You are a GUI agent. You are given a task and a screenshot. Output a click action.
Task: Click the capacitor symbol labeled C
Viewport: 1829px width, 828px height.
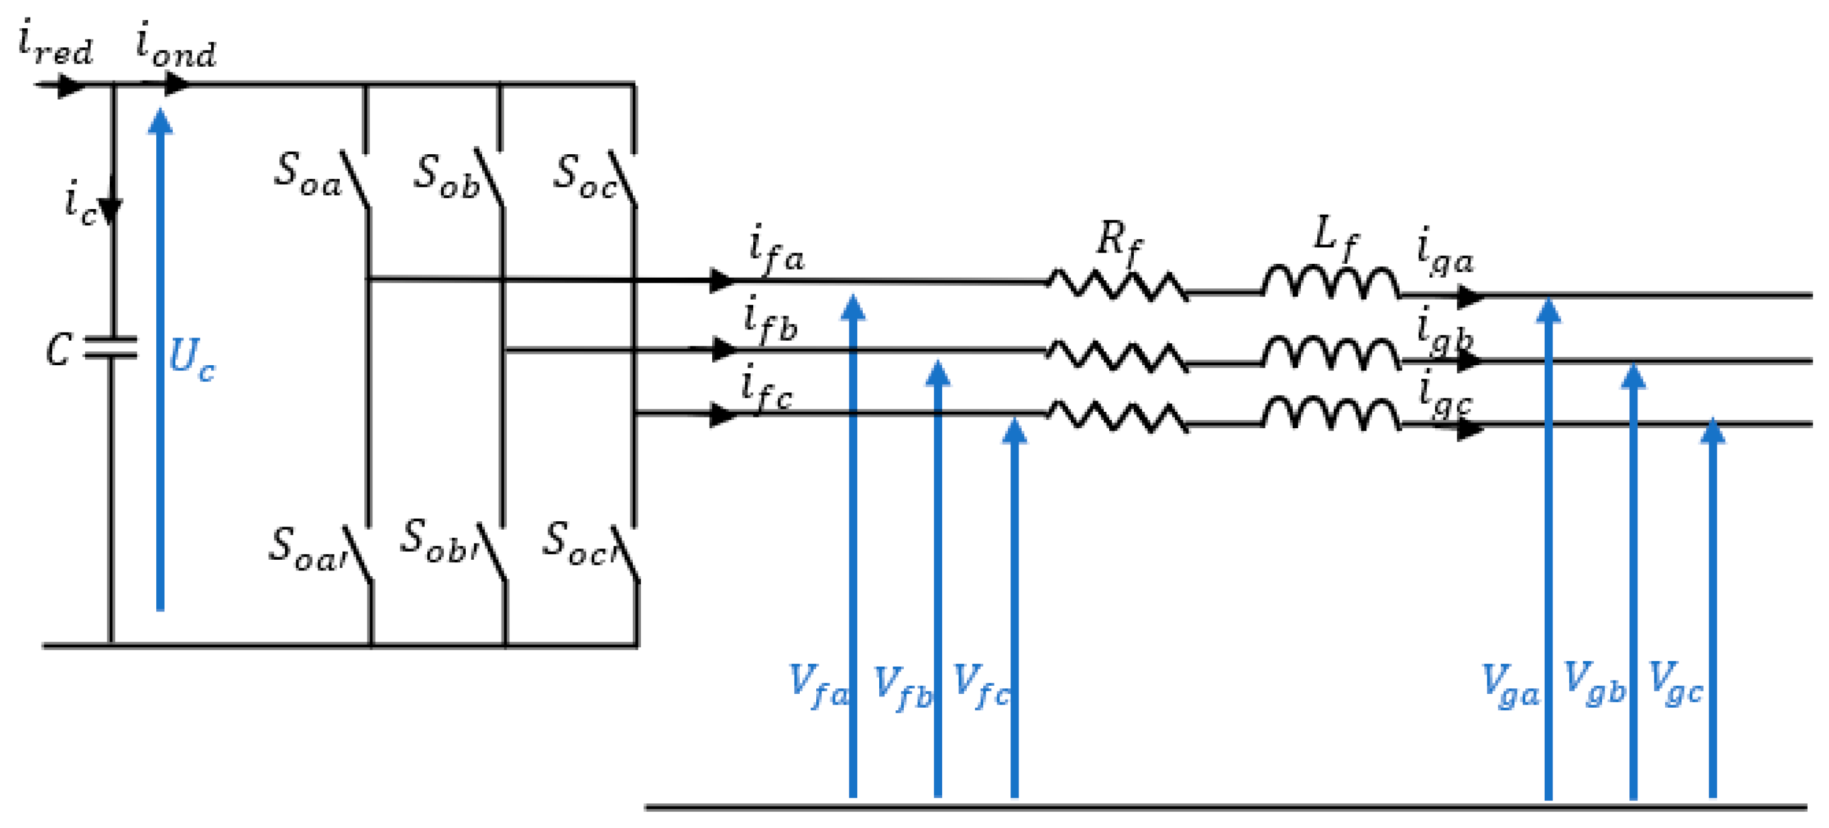click(111, 348)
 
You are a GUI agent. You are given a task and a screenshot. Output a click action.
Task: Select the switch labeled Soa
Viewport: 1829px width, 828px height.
click(355, 180)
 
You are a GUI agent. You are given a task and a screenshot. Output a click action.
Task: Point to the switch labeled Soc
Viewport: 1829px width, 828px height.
click(623, 180)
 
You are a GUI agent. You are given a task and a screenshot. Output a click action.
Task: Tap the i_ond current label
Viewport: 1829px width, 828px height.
click(175, 47)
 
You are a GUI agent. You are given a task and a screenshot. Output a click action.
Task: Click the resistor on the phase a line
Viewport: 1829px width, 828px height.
click(1117, 285)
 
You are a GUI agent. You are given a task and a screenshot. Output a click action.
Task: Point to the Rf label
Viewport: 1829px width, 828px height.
click(1118, 241)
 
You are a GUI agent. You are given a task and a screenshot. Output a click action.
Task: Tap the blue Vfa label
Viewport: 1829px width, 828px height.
click(819, 686)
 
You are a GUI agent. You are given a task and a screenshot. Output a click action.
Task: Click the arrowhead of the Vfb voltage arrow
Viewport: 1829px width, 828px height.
click(937, 373)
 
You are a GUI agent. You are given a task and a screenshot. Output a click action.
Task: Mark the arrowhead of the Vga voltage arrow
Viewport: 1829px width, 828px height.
click(1548, 311)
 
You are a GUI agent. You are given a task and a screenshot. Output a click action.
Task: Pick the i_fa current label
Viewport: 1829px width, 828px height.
click(776, 250)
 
